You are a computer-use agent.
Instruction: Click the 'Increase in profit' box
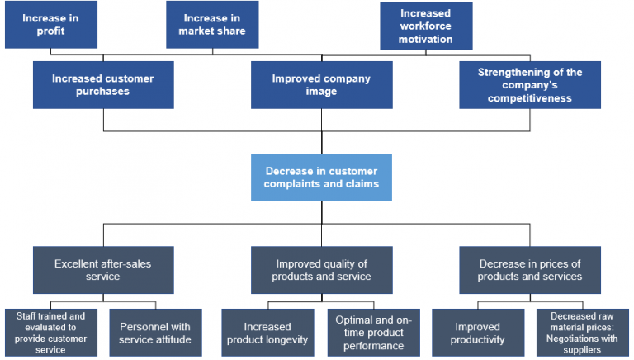(x=50, y=25)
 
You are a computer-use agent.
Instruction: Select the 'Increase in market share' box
(x=212, y=25)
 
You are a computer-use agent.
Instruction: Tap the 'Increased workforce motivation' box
(x=426, y=26)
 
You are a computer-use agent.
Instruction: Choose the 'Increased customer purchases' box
(x=102, y=85)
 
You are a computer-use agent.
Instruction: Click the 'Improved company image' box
(x=321, y=85)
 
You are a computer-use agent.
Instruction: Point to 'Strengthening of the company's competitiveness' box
(x=530, y=85)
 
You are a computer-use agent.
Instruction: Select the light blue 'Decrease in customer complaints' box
(x=321, y=177)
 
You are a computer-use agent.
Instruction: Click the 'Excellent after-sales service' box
(x=102, y=270)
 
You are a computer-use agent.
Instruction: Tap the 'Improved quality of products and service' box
(x=321, y=270)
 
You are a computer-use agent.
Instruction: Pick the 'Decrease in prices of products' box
(x=530, y=270)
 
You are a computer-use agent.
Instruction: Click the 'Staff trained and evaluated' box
(x=51, y=333)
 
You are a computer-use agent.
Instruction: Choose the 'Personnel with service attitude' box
(x=154, y=333)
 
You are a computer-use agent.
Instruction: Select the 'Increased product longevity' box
(x=268, y=333)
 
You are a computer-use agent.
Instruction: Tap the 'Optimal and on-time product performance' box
(x=374, y=333)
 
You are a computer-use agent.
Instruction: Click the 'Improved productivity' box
(x=478, y=333)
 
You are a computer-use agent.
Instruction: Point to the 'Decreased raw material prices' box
(x=584, y=333)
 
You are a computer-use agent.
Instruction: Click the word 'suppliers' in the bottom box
(x=583, y=350)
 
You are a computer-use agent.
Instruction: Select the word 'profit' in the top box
(x=50, y=32)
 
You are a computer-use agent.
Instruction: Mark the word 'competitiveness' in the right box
(x=530, y=98)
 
